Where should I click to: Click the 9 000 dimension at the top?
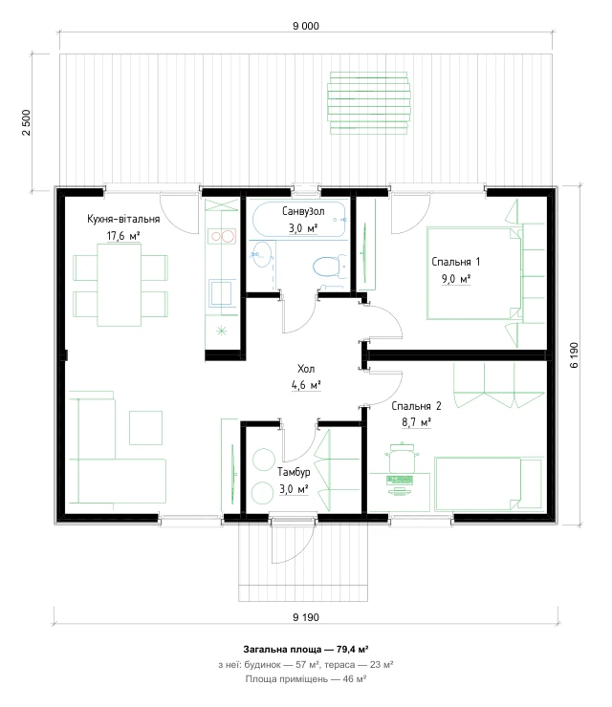(x=306, y=26)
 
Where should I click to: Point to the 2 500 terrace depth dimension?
(x=27, y=122)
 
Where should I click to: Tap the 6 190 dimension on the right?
(x=574, y=355)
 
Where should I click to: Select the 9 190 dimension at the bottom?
(x=306, y=617)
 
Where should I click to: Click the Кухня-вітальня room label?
(x=123, y=219)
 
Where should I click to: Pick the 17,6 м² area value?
(x=123, y=235)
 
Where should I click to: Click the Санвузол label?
(x=303, y=211)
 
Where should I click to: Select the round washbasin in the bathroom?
(x=261, y=254)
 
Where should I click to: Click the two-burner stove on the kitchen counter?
(x=222, y=236)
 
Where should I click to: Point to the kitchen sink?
(x=222, y=293)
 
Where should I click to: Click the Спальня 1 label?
(x=456, y=262)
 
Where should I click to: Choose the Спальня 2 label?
(x=416, y=406)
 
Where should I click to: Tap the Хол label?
(x=306, y=369)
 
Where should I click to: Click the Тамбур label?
(x=294, y=472)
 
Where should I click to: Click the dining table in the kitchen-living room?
(x=120, y=285)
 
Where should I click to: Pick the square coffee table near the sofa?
(x=145, y=427)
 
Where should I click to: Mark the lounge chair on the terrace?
(x=369, y=103)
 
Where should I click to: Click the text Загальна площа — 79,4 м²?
(x=306, y=650)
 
